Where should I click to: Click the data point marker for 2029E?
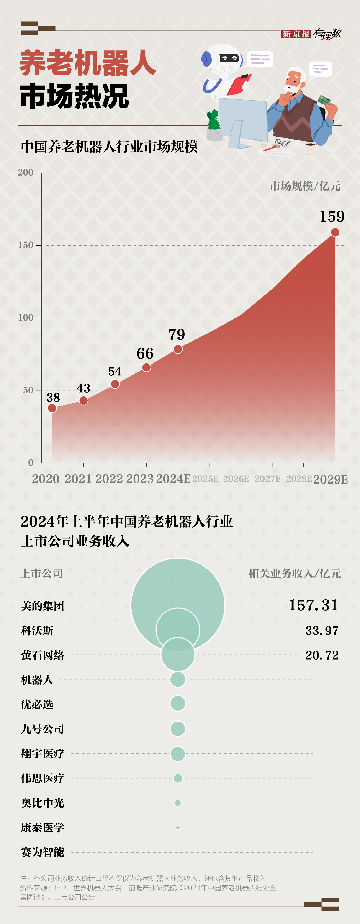click(x=335, y=233)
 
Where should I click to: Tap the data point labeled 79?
click(x=178, y=349)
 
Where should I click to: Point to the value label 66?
click(x=145, y=354)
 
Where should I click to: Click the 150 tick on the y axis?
click(x=26, y=245)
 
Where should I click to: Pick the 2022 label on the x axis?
click(x=109, y=479)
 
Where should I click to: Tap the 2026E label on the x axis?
click(x=236, y=479)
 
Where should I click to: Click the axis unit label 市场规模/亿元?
click(x=305, y=186)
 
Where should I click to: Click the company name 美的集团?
click(x=43, y=606)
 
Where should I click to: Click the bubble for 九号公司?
click(x=178, y=729)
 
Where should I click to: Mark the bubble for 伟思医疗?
click(x=178, y=778)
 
